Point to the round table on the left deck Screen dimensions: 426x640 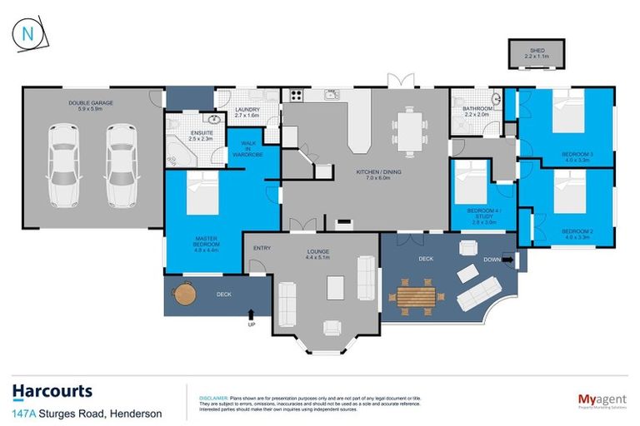tap(184, 293)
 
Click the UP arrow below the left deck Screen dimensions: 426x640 tap(251, 315)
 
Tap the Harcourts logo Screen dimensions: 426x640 tap(52, 391)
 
